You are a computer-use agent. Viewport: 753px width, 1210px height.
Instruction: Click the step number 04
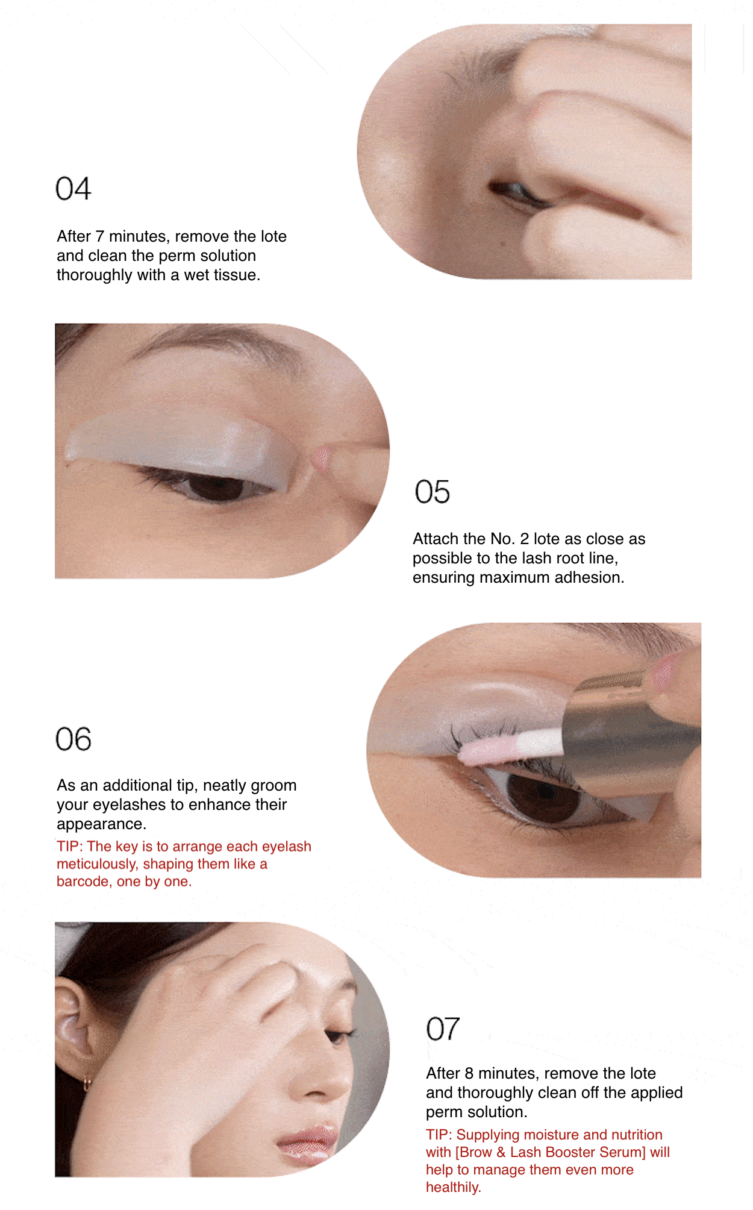(x=73, y=189)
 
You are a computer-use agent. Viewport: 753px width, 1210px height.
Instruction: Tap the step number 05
(x=432, y=492)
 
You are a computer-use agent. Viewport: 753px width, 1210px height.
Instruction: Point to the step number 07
(x=443, y=1029)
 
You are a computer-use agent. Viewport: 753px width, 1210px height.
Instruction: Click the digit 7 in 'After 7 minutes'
(x=100, y=237)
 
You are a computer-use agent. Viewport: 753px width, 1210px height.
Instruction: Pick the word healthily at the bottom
(x=452, y=1187)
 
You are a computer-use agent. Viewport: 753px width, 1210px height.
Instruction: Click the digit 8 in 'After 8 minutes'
(x=469, y=1073)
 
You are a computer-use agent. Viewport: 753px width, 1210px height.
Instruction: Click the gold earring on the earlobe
(x=87, y=1083)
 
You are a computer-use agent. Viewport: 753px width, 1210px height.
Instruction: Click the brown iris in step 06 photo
(x=542, y=794)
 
